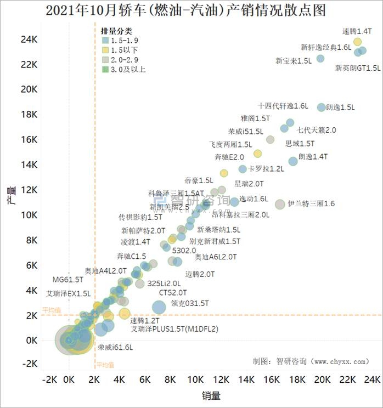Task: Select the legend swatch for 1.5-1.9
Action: coord(105,40)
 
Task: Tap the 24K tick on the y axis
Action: coord(29,39)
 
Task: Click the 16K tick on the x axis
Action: coord(271,379)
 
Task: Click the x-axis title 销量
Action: coord(211,395)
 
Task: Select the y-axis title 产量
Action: coord(11,194)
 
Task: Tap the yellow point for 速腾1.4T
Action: coord(358,42)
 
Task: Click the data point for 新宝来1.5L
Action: coord(320,59)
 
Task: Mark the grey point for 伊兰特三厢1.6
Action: coord(280,205)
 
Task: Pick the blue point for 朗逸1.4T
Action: coord(293,161)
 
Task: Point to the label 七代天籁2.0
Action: coord(317,131)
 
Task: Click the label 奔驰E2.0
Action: coord(229,157)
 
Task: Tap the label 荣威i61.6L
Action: coord(115,347)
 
